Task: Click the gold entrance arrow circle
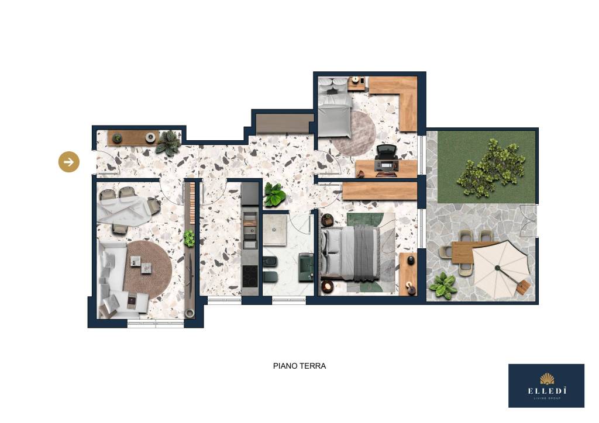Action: [69, 162]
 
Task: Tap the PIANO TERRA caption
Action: [299, 366]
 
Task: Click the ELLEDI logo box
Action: [546, 386]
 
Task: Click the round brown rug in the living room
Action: [148, 270]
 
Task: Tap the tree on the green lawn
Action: [491, 168]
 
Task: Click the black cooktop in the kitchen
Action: [250, 274]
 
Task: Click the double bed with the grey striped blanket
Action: [350, 253]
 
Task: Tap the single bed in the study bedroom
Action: [335, 107]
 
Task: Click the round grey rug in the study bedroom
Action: [354, 133]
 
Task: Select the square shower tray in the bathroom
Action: [274, 230]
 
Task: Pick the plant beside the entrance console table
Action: [168, 143]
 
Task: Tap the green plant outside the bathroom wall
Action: [274, 194]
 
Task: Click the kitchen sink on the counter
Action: [250, 230]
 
